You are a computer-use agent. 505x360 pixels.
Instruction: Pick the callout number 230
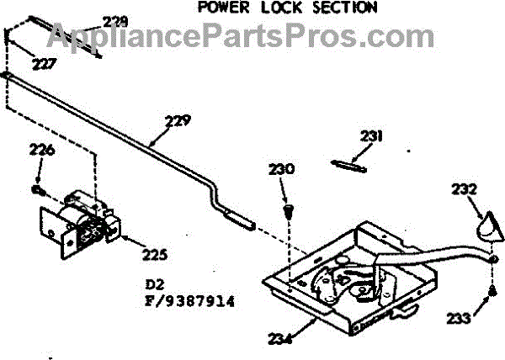[283, 169]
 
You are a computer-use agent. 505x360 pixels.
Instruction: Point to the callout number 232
[464, 189]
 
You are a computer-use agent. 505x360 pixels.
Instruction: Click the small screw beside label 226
[38, 189]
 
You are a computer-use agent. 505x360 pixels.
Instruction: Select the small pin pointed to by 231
[348, 165]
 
